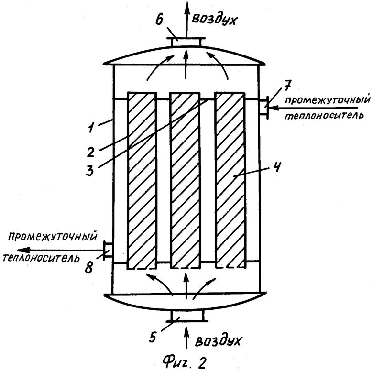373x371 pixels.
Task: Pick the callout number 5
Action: [x=152, y=338]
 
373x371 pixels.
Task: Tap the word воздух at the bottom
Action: [x=218, y=341]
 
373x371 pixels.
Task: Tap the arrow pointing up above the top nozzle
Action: [x=186, y=17]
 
